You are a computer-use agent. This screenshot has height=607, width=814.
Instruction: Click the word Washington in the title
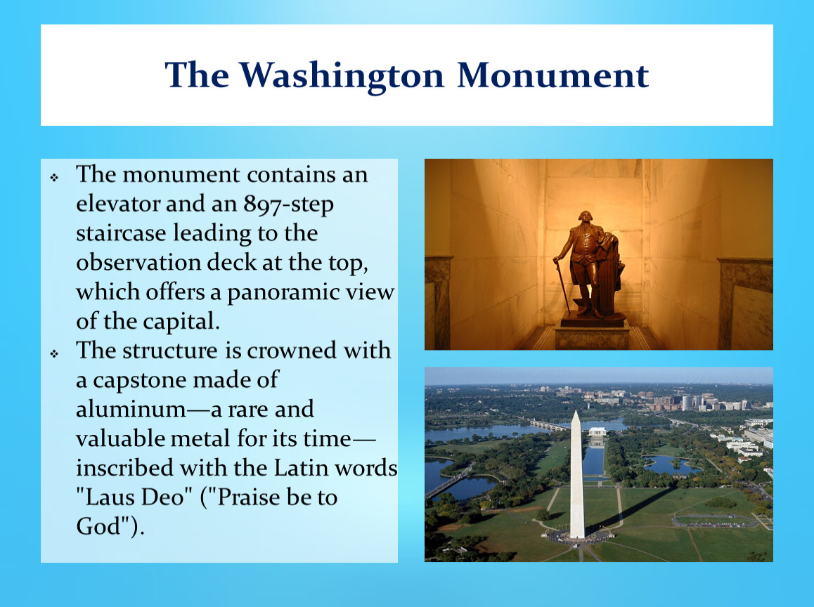[342, 77]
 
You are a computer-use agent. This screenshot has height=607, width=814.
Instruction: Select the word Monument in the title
[553, 75]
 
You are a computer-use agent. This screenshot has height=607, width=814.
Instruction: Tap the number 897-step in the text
[289, 204]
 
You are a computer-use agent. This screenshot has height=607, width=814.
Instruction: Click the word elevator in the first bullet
[119, 203]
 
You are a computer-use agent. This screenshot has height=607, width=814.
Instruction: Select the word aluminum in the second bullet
[131, 409]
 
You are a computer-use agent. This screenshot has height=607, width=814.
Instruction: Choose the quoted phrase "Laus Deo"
[130, 497]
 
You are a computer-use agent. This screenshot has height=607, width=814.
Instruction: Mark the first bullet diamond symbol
[55, 178]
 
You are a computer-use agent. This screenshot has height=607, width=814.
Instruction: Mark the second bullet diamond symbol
[55, 354]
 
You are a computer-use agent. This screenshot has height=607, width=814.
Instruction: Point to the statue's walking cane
[563, 285]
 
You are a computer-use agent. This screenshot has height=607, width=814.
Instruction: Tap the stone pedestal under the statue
[593, 334]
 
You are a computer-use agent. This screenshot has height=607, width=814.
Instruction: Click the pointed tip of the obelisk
[576, 411]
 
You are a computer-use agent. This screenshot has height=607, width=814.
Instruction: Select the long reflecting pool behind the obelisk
[593, 459]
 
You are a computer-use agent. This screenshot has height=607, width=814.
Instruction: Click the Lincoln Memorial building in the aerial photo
[597, 431]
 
